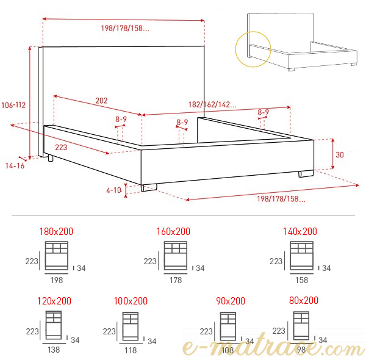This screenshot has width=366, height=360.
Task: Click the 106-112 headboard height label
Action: (13, 105)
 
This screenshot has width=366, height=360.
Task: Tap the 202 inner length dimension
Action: (101, 101)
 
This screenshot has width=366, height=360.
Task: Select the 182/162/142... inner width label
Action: (212, 104)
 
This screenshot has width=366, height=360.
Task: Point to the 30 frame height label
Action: (340, 154)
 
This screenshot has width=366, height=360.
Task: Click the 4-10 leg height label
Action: (113, 190)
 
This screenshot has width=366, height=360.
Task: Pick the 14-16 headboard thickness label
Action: (15, 166)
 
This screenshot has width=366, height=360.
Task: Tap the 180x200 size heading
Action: (56, 231)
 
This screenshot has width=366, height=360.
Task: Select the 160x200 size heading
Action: (173, 231)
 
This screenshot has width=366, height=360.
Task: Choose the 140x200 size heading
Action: (300, 231)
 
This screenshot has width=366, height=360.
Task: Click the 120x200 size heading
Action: (54, 301)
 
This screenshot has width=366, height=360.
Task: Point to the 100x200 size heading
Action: (131, 301)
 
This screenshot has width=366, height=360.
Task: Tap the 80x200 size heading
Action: (304, 300)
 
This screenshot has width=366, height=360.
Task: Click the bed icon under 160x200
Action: (176, 256)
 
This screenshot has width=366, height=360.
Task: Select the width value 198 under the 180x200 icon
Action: (57, 280)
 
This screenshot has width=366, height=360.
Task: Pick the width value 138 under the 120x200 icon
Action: (54, 350)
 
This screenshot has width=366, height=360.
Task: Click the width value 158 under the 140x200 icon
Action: (302, 280)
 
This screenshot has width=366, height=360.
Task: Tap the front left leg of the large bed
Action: (149, 187)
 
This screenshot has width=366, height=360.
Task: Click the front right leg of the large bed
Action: (306, 174)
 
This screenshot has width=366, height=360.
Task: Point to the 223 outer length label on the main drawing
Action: (61, 147)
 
